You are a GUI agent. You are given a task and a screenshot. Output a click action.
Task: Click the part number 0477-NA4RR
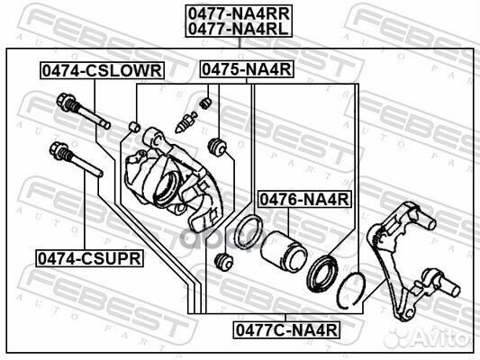point(239,13)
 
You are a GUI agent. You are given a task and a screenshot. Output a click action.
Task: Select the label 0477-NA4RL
point(239,29)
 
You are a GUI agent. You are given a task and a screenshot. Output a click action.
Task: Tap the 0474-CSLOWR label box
point(99,69)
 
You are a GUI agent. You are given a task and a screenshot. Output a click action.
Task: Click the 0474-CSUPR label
point(88,258)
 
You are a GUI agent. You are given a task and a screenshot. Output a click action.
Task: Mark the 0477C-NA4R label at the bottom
point(287,329)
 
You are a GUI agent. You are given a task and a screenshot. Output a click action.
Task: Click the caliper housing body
point(171,180)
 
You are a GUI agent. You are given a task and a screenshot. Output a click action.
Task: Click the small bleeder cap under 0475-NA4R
point(205,103)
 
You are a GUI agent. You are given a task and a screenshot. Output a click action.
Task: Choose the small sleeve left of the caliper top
point(136,124)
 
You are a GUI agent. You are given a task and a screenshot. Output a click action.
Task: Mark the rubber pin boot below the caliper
point(227,263)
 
